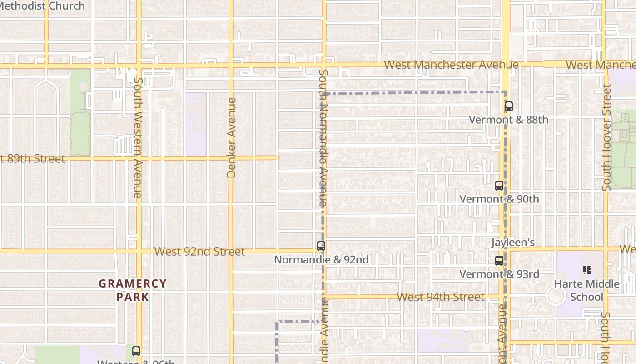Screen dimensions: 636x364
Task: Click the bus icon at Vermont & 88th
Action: click(509, 107)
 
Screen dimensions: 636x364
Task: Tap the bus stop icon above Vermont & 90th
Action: click(499, 186)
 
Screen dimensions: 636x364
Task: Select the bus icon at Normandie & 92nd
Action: click(321, 246)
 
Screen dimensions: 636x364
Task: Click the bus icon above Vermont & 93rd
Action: click(499, 261)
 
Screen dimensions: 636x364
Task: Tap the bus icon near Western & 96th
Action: click(136, 351)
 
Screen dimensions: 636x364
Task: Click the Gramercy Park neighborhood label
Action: click(133, 290)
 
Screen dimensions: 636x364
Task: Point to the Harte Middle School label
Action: click(586, 290)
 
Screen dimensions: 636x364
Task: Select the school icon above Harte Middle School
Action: click(586, 270)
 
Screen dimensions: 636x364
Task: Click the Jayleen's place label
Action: click(512, 243)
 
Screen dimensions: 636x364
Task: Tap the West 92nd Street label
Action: click(199, 252)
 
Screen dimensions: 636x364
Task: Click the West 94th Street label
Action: click(441, 297)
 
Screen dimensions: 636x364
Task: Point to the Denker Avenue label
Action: click(231, 138)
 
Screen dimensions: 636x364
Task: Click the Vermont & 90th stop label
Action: click(499, 199)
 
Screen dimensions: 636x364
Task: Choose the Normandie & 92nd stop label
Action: click(321, 260)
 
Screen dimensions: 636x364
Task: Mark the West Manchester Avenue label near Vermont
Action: click(451, 65)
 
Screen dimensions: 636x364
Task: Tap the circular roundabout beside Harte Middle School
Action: click(556, 296)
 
